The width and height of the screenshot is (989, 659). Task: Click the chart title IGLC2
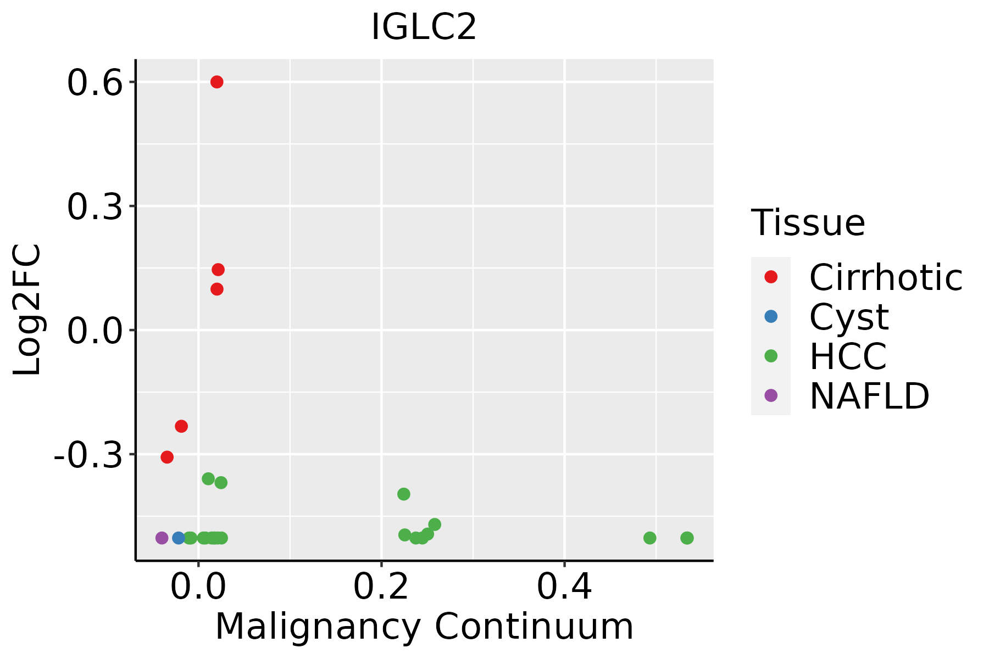[x=424, y=27]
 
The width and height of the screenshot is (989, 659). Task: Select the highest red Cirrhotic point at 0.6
[x=217, y=82]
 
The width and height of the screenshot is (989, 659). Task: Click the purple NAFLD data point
[x=162, y=538]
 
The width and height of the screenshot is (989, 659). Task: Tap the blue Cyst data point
[x=179, y=538]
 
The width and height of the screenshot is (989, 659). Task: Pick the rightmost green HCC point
[x=687, y=538]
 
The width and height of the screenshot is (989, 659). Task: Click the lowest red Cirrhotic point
[x=167, y=457]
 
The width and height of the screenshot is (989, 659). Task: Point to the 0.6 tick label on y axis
[x=95, y=84]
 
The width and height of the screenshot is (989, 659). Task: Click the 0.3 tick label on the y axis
[x=95, y=208]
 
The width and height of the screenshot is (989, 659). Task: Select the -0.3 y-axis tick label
[x=88, y=456]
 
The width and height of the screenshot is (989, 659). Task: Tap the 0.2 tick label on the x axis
[x=381, y=587]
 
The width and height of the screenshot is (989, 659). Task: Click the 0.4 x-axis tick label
[x=564, y=587]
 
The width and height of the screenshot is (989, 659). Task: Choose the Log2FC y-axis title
[x=27, y=310]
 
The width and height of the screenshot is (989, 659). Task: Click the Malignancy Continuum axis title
[x=424, y=627]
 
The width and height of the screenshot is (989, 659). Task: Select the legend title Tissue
[x=808, y=223]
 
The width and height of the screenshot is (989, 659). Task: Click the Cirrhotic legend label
[x=886, y=277]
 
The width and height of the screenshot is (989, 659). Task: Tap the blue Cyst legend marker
[x=771, y=316]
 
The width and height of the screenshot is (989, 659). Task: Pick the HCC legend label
[x=848, y=356]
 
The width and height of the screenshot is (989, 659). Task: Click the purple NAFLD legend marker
[x=771, y=395]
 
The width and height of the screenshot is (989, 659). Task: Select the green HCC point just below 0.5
[x=650, y=538]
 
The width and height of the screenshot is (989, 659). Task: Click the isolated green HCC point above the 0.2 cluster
[x=404, y=494]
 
